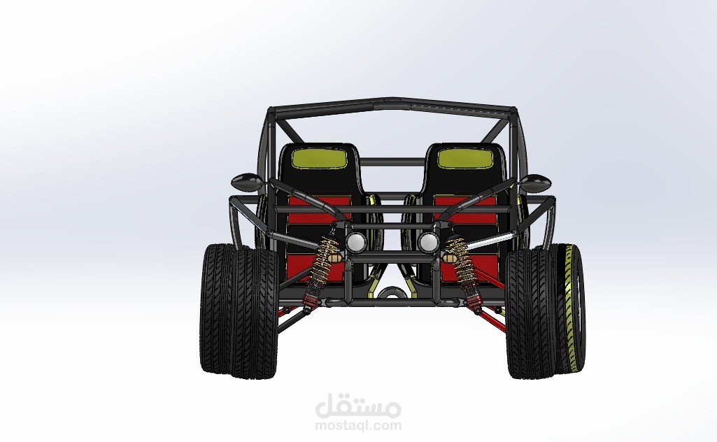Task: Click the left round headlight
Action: coord(356,242)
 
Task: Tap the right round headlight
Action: coord(428,242)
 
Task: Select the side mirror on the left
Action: coord(248,182)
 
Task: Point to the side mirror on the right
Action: coord(535,183)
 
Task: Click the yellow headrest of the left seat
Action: coord(320,157)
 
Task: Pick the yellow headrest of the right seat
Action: coord(465,158)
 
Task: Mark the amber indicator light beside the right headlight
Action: coord(450,258)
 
